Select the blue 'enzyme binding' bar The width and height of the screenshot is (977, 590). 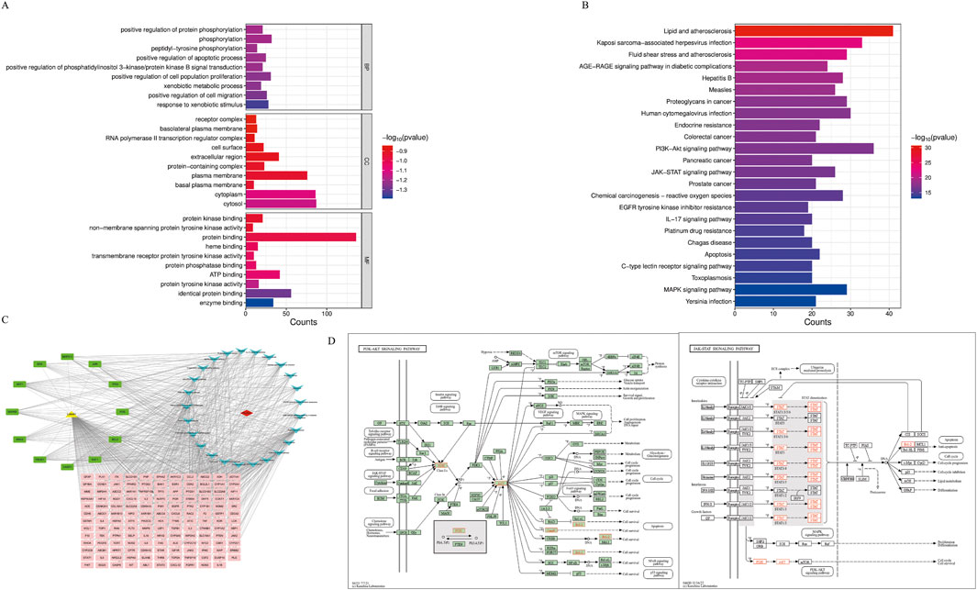click(x=259, y=302)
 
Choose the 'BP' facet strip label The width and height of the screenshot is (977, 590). click(x=368, y=67)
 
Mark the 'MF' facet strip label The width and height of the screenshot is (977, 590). click(x=368, y=261)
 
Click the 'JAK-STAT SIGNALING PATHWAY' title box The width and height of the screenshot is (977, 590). click(x=723, y=348)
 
